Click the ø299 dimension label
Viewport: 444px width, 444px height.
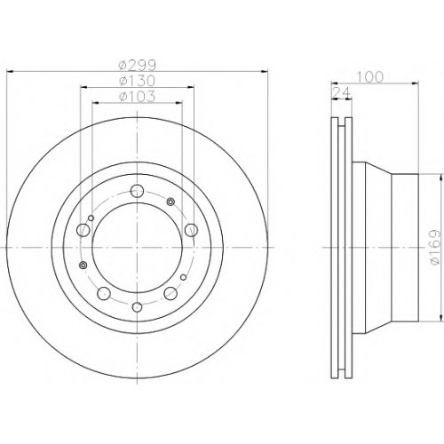tap(137, 65)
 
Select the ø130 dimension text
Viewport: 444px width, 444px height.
tap(137, 81)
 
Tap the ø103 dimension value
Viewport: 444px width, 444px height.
tap(137, 97)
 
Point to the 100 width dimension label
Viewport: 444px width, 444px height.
tap(370, 77)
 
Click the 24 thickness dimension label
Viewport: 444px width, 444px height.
tap(342, 93)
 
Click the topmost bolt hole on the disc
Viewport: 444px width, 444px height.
tap(137, 191)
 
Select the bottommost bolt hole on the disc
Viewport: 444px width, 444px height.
tap(137, 307)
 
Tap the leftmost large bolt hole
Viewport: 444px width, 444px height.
tap(83, 230)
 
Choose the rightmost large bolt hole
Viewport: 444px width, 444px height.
tap(191, 230)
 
